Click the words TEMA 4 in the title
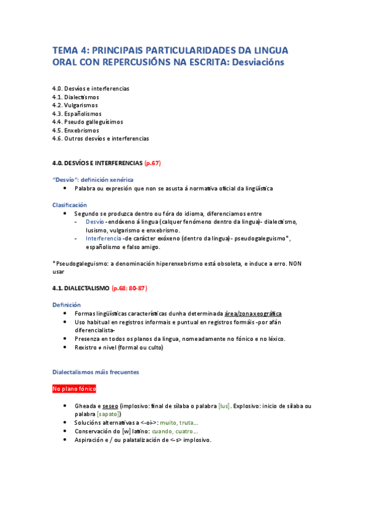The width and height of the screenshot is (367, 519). pyautogui.click(x=72, y=50)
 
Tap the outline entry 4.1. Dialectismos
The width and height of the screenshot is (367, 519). pyautogui.click(x=75, y=97)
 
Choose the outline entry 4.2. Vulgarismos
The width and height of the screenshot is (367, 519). pyautogui.click(x=75, y=105)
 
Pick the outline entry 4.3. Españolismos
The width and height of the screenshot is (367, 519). pyautogui.click(x=77, y=114)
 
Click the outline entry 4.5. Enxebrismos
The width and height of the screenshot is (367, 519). pyautogui.click(x=76, y=130)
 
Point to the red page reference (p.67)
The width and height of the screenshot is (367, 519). pyautogui.click(x=152, y=163)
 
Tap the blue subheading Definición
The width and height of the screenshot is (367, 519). pyautogui.click(x=66, y=304)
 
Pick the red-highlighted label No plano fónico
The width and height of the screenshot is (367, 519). pyautogui.click(x=74, y=389)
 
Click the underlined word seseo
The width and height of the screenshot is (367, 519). pyautogui.click(x=110, y=406)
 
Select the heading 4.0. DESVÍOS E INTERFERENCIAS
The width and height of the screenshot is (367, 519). pyautogui.click(x=97, y=163)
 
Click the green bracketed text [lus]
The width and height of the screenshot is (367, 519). pyautogui.click(x=224, y=406)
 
